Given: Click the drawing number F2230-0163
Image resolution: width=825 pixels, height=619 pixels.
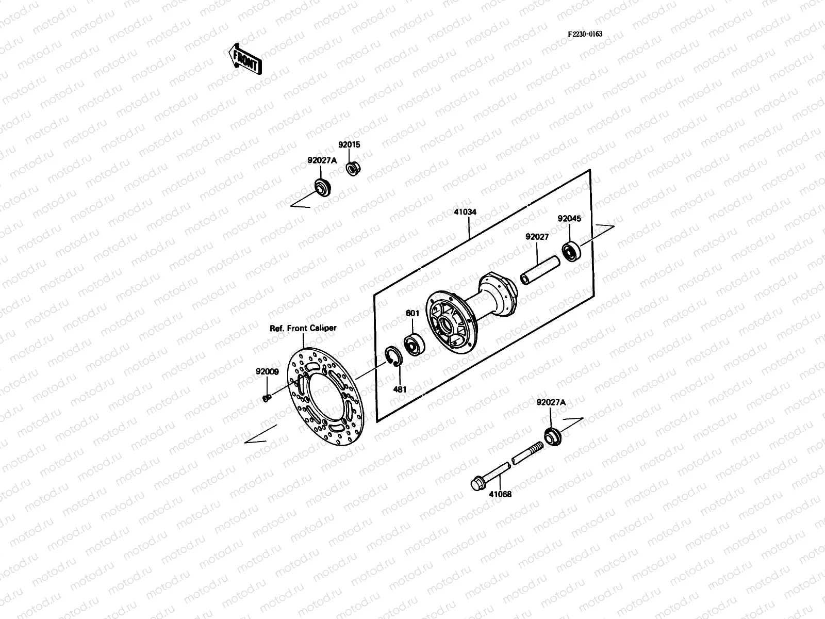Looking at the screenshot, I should tap(585, 35).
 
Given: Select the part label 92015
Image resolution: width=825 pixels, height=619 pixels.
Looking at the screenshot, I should tap(349, 145).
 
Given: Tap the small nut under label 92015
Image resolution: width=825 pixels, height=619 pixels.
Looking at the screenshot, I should tap(352, 169).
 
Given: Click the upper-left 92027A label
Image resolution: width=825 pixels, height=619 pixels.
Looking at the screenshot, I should tap(322, 160).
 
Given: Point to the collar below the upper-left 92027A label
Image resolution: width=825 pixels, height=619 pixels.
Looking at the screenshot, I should tap(323, 187).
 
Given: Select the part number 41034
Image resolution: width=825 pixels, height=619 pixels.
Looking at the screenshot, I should tap(465, 211).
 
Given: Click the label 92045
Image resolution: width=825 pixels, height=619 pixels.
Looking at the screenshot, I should tap(569, 219).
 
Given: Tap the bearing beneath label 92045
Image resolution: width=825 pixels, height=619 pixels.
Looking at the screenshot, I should tap(572, 251).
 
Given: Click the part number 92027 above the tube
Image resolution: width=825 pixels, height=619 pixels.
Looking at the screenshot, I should tap(537, 237).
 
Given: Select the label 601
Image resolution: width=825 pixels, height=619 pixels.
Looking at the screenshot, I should tap(412, 313).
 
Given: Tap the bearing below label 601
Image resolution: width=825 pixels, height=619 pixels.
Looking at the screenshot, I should tap(414, 345).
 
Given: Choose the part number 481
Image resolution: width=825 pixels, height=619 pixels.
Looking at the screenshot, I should tap(400, 389).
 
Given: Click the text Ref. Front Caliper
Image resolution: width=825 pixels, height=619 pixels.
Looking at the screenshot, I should tap(303, 328).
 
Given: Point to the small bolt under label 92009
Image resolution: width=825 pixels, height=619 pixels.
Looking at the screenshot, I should tap(267, 397).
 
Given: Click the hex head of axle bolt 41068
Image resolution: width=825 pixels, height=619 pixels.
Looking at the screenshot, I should tap(478, 484).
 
